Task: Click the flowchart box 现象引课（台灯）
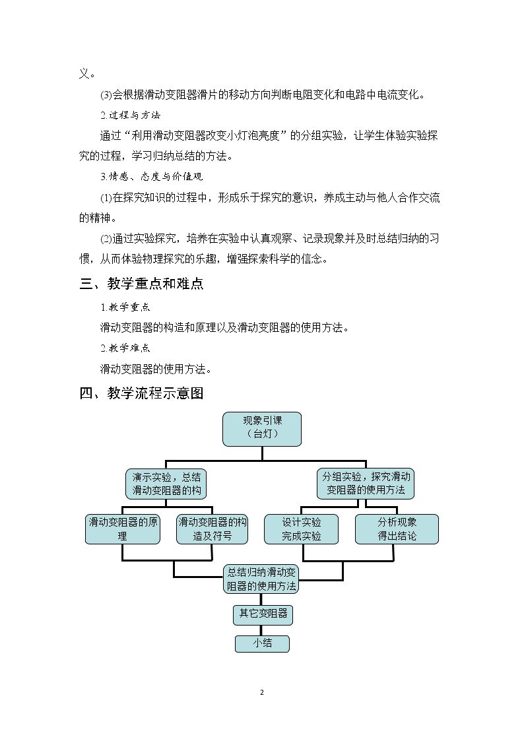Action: coord(262,429)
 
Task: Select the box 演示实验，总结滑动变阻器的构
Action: coord(166,484)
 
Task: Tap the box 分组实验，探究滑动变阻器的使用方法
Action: coord(365,484)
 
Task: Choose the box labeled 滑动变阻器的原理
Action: coord(122,529)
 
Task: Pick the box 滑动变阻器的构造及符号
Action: coord(212,529)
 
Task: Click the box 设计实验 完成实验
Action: coord(301,529)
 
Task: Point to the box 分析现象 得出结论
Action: coord(397,529)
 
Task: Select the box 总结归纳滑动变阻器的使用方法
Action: coord(261,579)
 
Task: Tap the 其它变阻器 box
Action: coord(263,614)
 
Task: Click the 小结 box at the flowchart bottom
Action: coord(262,643)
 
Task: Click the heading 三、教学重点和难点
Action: coord(141,284)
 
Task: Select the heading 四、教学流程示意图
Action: coord(141,393)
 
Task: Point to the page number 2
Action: coord(262,693)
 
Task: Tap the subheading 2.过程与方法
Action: coord(131,115)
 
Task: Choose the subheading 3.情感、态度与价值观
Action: coord(152,176)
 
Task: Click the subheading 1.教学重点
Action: coord(125,307)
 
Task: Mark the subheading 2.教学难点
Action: coord(125,348)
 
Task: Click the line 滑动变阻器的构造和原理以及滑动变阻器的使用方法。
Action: coord(224,327)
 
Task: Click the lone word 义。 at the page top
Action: coord(87,74)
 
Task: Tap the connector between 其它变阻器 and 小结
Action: coord(261,630)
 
